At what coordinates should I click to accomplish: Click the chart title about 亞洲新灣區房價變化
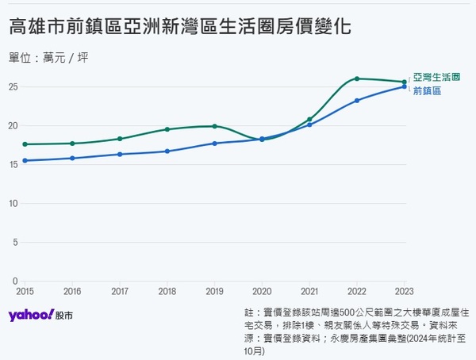click(180, 26)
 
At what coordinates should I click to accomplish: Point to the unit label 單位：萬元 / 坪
click(48, 58)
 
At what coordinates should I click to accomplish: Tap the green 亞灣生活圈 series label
click(436, 77)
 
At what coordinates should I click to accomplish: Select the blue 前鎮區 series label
click(427, 90)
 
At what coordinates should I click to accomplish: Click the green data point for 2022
click(357, 79)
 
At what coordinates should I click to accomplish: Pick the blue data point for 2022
click(357, 101)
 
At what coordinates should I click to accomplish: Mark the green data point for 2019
click(215, 126)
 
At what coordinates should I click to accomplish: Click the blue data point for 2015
click(25, 161)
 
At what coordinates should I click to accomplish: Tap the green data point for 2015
click(25, 144)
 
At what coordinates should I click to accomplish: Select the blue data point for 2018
click(167, 151)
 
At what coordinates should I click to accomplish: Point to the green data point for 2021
click(309, 119)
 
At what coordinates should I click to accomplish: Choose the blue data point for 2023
click(404, 86)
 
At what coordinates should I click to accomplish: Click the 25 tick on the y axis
click(13, 87)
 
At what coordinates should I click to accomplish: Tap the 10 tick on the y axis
click(13, 203)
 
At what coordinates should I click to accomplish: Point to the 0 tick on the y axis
click(16, 281)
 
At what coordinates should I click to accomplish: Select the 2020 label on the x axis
click(262, 291)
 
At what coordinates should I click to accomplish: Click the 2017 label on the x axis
click(120, 291)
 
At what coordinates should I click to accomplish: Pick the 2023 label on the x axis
click(404, 291)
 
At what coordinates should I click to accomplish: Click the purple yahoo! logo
click(31, 316)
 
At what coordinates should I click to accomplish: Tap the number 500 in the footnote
click(347, 312)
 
